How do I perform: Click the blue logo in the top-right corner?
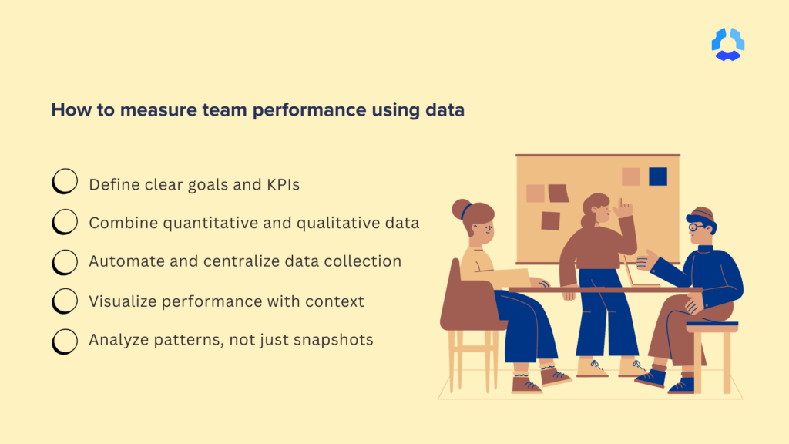click(x=727, y=44)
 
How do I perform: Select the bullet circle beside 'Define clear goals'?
click(x=65, y=183)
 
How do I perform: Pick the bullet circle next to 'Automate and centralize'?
click(x=65, y=261)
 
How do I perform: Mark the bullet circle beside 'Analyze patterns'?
click(x=65, y=340)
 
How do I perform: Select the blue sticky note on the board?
click(x=657, y=177)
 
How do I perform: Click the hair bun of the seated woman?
click(x=462, y=208)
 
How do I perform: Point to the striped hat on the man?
click(x=700, y=214)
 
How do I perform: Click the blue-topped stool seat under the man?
click(x=711, y=326)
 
